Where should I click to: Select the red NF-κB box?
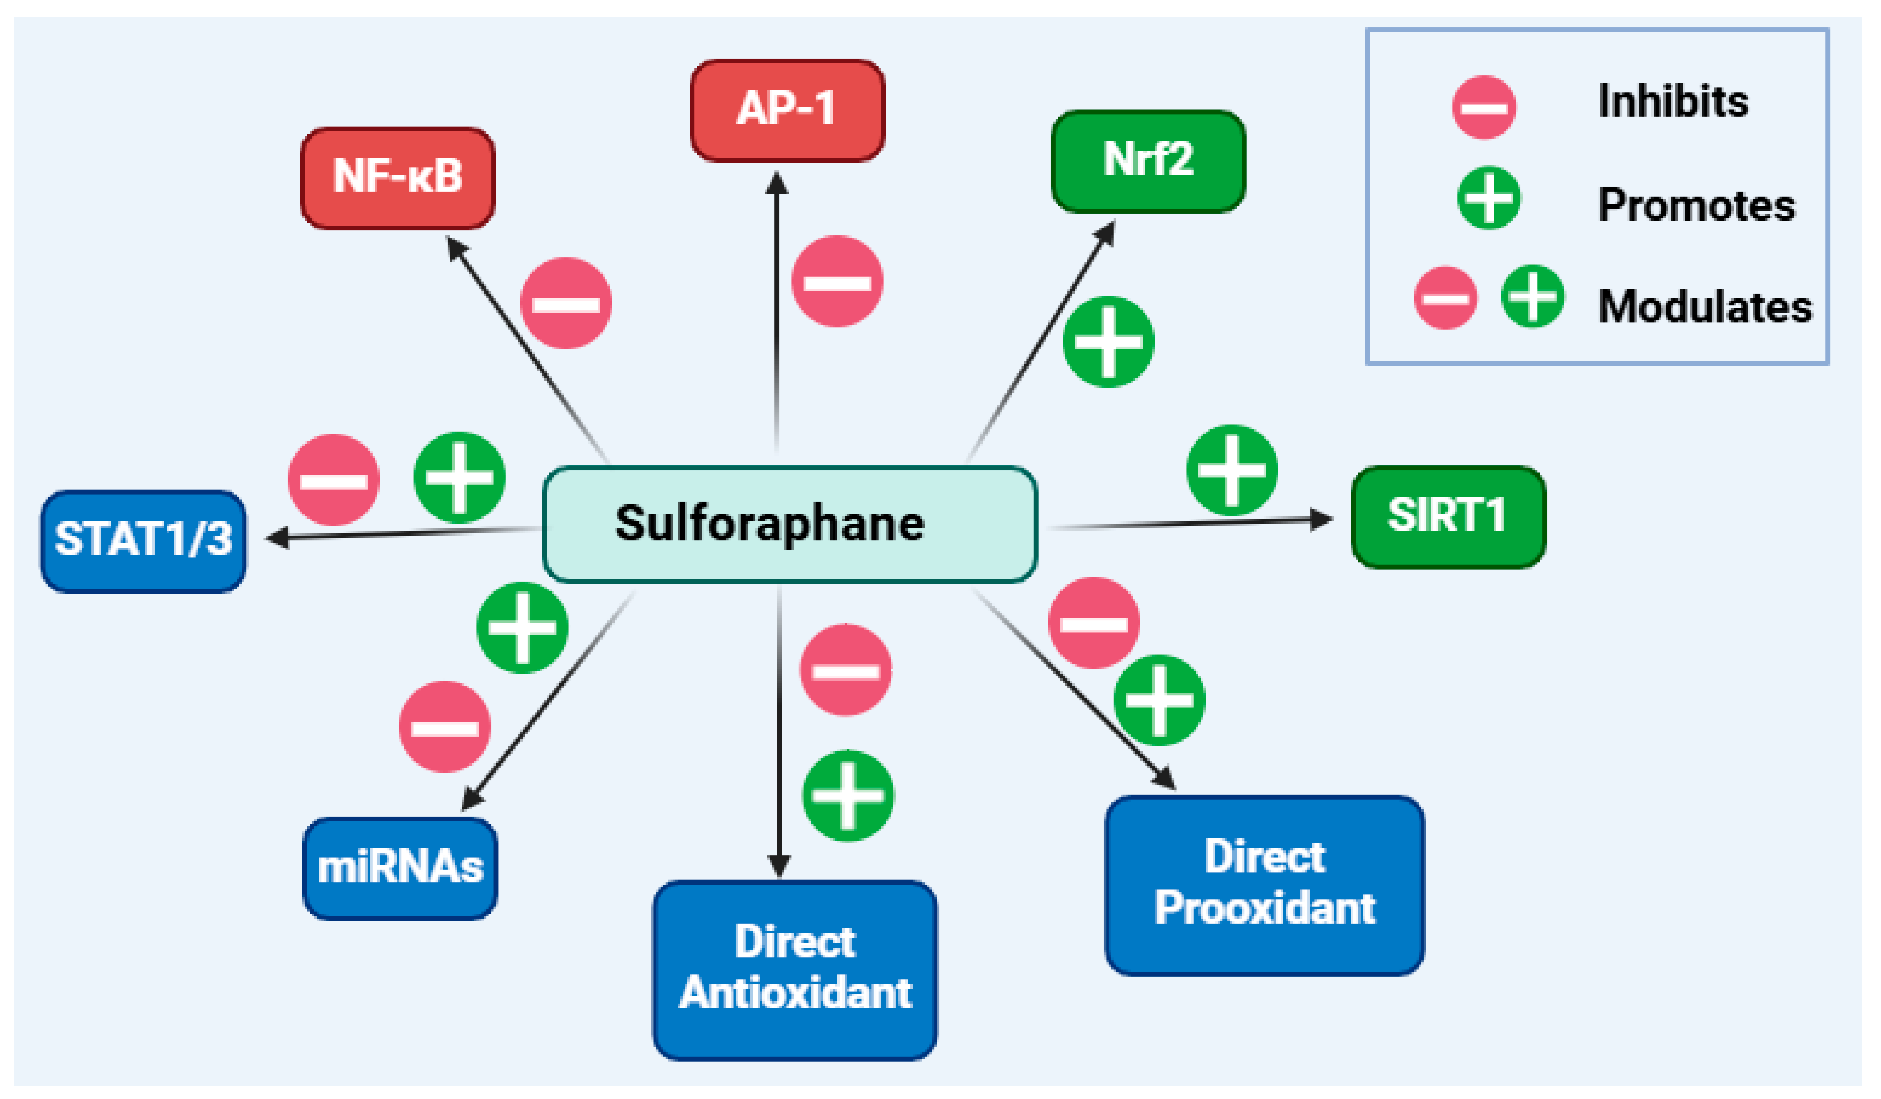coord(398,178)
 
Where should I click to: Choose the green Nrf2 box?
coord(1148,160)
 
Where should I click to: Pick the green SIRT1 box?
coord(1448,517)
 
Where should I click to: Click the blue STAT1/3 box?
coord(143,540)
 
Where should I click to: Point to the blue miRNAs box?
coord(400,868)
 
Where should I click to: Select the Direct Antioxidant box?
coord(795,969)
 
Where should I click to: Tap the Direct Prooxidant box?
coord(1265,884)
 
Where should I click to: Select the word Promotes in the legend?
coord(1696,205)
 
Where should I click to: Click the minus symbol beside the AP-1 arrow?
coord(837,282)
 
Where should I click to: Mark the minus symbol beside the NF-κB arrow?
coord(566,303)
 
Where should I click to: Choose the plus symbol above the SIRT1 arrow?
coord(1232,470)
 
